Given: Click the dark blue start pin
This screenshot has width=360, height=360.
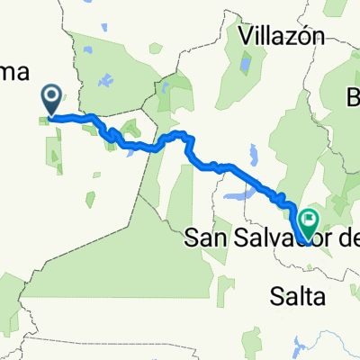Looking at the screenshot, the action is pos(51,98).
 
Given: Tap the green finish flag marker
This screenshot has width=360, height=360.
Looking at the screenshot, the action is pos(310,219).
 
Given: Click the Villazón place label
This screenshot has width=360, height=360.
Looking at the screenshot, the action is pos(282,37).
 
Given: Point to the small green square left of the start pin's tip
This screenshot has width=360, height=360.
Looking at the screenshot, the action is pos(42,119).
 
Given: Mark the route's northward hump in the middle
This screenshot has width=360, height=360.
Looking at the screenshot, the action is pos(180,136).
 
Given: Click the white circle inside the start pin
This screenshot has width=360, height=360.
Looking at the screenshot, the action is pos(51,94).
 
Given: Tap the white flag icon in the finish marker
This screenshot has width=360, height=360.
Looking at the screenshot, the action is pos(310,217).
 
